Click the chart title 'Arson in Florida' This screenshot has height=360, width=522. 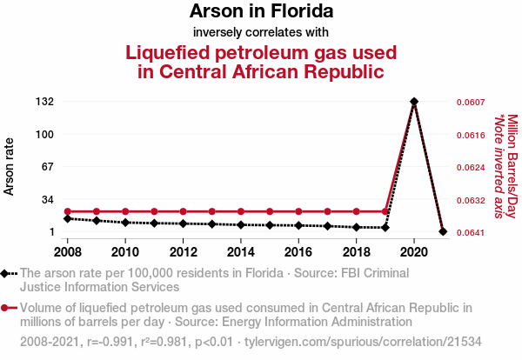click(x=261, y=12)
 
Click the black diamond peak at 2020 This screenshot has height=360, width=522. click(x=414, y=102)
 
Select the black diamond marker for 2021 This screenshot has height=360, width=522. click(x=443, y=231)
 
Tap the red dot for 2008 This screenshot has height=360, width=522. click(x=68, y=211)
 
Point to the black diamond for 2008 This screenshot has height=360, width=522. click(x=68, y=218)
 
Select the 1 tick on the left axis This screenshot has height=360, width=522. click(x=50, y=232)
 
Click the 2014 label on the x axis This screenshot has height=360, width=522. click(x=241, y=252)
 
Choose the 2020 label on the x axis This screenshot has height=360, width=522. click(x=414, y=252)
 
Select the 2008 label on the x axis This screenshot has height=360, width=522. click(x=68, y=252)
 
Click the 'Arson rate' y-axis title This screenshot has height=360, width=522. click(x=10, y=166)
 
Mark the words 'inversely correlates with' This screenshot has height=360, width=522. click(x=261, y=32)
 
